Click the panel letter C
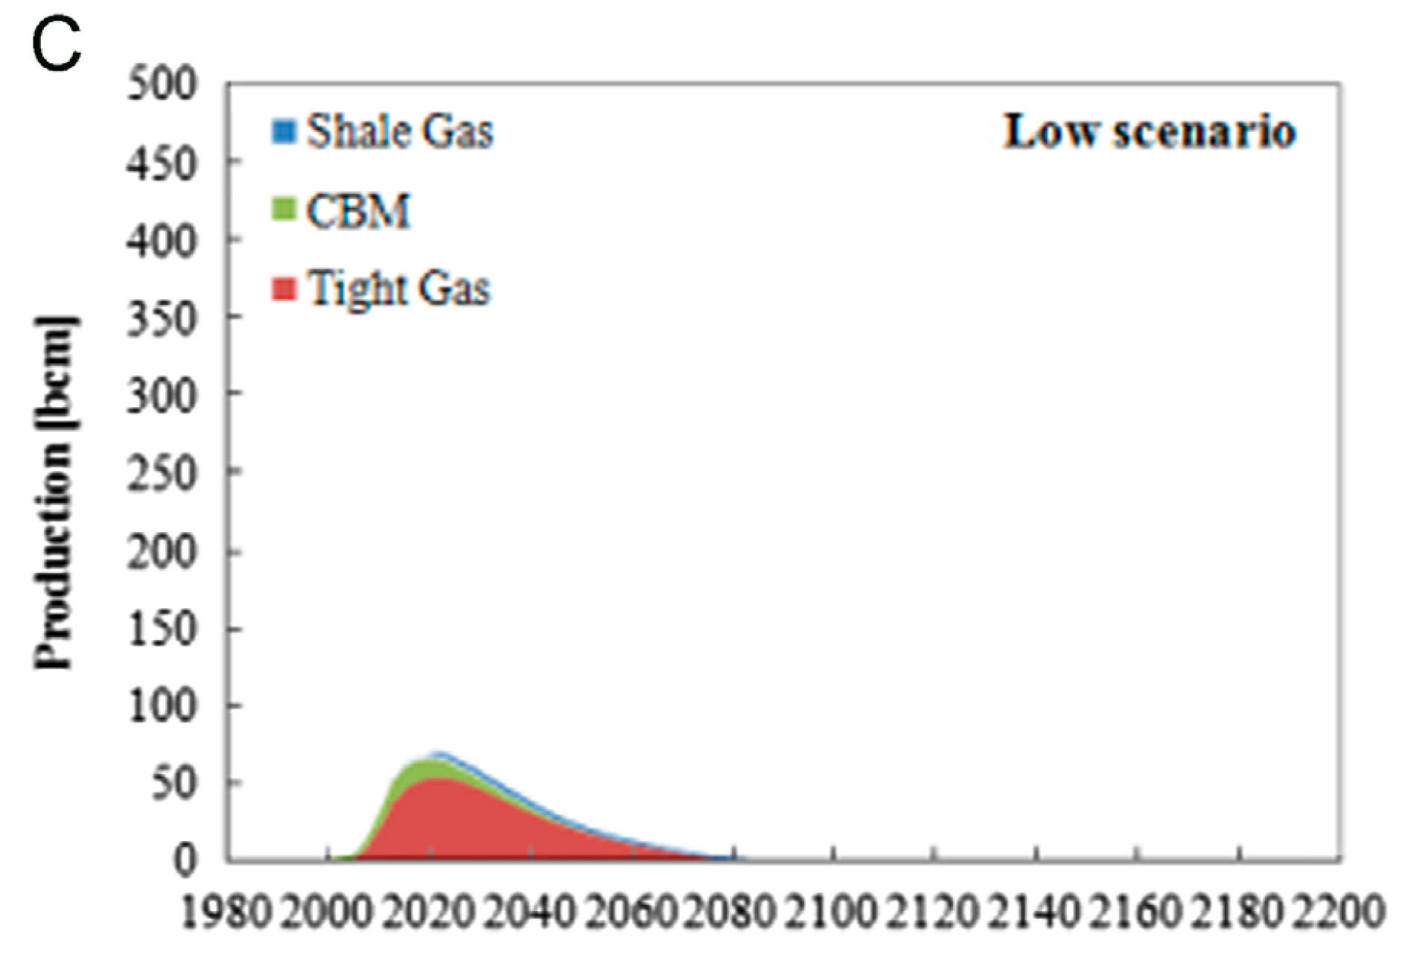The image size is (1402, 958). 56,46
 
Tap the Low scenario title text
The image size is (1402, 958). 1150,132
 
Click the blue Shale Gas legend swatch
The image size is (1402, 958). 284,132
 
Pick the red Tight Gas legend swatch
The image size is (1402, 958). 284,288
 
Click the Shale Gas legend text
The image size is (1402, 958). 400,132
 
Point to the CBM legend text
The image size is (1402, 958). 358,211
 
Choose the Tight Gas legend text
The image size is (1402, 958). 399,289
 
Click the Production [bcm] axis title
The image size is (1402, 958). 55,492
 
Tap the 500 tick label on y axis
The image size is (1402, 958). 162,84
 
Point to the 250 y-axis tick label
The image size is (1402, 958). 162,473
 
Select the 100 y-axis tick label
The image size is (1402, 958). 162,706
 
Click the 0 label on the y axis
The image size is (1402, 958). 186,860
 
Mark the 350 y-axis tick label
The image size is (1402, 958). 162,318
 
